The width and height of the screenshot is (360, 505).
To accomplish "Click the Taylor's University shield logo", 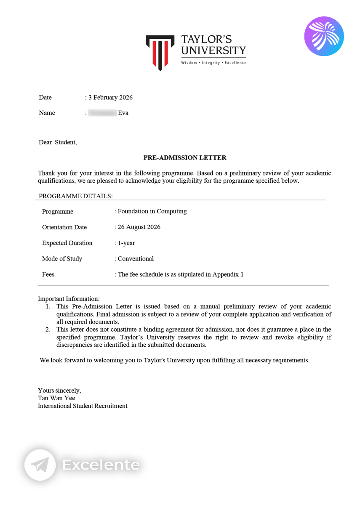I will pos(160,52).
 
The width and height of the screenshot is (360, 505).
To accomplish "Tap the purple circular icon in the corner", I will pos(324,36).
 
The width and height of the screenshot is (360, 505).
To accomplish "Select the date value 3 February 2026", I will pos(110,98).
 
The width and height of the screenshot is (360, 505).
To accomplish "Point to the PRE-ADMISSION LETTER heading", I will pos(185,158).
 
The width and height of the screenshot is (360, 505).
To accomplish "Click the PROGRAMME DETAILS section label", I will pos(76,196).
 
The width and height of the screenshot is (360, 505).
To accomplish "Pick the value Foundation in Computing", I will pos(152,211).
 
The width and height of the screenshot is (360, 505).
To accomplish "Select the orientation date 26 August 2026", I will pos(139,227).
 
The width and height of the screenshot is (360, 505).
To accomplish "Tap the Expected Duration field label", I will pos(67,243).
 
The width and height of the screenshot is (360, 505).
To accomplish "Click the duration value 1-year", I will pos(126,243).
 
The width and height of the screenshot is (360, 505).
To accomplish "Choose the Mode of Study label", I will pos(62,259).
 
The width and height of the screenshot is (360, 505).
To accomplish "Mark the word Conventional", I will pos(136,259).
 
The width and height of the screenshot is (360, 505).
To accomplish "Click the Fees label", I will pos(48,274).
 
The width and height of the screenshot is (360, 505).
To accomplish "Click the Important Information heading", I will pos(69,299).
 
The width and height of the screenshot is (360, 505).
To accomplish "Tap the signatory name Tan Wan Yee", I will pos(56,398).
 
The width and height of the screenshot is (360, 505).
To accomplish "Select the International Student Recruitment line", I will pos(83,406).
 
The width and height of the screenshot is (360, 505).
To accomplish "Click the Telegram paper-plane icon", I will pos(40,465).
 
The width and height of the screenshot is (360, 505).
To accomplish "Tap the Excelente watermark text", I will pos(101,465).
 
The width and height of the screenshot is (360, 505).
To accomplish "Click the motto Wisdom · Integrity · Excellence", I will pos(213,63).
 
